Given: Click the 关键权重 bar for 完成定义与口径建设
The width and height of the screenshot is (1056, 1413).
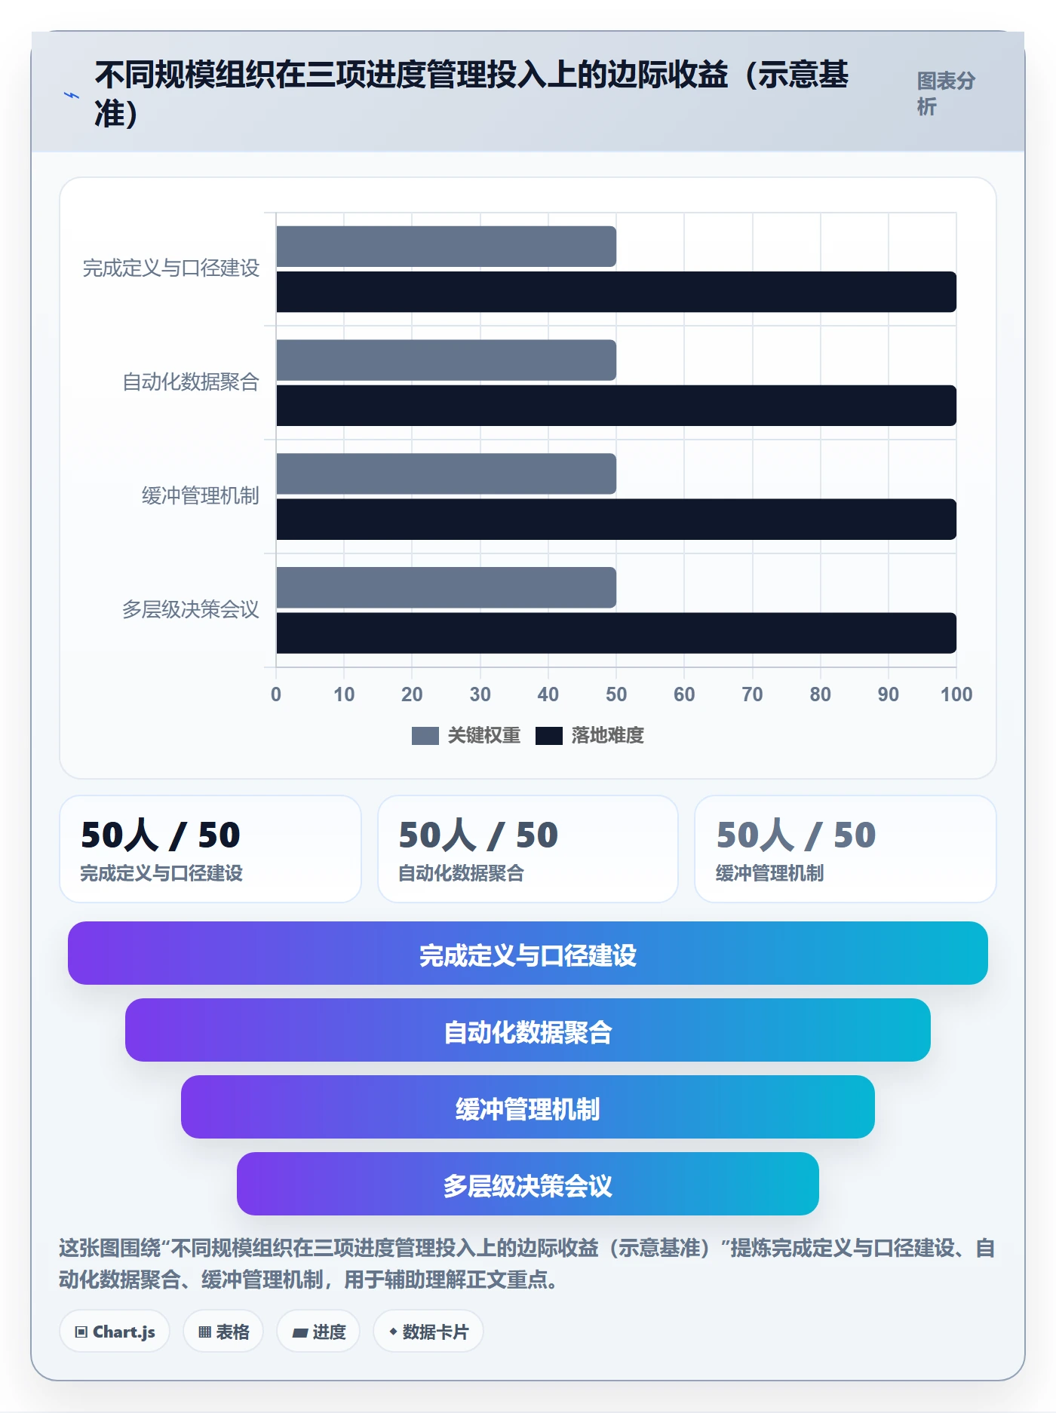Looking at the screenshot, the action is (446, 247).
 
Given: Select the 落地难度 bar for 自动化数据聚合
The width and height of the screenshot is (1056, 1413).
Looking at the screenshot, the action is (616, 406).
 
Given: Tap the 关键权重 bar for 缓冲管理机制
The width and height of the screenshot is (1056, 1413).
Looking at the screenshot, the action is (446, 474).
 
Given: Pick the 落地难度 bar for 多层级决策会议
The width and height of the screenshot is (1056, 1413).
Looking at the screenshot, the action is (616, 633).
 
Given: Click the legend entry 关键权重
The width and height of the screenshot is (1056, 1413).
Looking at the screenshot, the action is (466, 735).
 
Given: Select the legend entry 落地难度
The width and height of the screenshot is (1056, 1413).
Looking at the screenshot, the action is (590, 735).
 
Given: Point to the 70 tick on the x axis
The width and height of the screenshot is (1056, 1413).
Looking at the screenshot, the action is (752, 694).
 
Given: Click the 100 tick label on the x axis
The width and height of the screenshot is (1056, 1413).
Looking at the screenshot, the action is (956, 694).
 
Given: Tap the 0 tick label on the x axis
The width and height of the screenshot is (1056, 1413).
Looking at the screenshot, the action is (276, 694).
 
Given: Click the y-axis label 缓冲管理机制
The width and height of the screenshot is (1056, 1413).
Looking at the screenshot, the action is (201, 495).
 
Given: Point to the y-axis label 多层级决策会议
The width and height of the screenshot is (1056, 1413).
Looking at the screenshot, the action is (191, 609).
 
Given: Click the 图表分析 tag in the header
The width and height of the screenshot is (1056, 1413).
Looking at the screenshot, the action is (947, 93).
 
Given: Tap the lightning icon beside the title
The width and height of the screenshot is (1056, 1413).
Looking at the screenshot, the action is (72, 95).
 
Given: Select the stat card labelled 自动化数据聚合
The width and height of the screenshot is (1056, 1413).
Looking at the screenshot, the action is (528, 849).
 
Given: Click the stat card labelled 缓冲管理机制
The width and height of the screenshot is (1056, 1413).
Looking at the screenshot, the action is (846, 849).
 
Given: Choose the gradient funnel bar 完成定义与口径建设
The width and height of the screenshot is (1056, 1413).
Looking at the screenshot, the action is (528, 953).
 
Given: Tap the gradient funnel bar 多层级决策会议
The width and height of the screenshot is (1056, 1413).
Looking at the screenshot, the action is (528, 1184).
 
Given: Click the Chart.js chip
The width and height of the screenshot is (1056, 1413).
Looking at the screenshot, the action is (115, 1332).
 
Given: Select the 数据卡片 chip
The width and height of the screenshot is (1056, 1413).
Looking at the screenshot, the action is (428, 1332).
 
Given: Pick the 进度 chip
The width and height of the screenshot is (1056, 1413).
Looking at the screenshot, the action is (318, 1332).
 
